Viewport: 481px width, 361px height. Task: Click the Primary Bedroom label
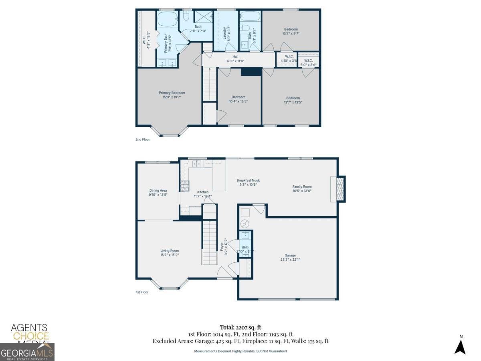coord(172,93)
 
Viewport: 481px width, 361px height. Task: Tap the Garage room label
coord(290,255)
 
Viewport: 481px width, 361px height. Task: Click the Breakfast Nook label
coord(248,180)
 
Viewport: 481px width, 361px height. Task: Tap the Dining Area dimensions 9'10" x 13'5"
coord(158,195)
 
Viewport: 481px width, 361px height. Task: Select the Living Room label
coord(170,251)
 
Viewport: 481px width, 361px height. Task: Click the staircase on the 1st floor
coord(209,243)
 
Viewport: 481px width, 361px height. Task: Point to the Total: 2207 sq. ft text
coord(240,327)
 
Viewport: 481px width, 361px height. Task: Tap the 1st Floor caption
coord(142,292)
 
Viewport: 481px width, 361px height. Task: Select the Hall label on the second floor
coord(235,57)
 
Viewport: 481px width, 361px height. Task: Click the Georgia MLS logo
coord(27,352)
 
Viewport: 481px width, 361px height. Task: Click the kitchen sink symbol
coord(196,163)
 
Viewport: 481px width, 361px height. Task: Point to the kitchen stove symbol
coord(185,185)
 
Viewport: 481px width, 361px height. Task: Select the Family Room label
coord(302,187)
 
